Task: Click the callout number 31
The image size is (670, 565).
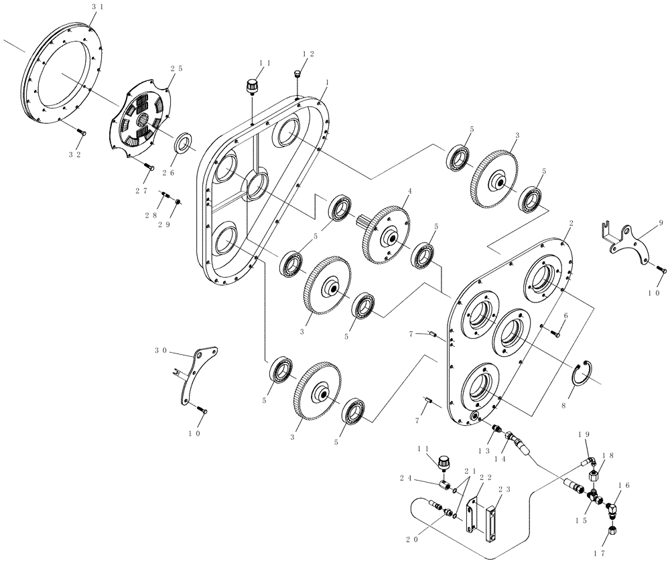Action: coord(98,6)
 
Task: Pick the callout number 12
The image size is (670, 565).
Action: coord(308,54)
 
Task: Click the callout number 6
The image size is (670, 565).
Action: coord(565,315)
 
